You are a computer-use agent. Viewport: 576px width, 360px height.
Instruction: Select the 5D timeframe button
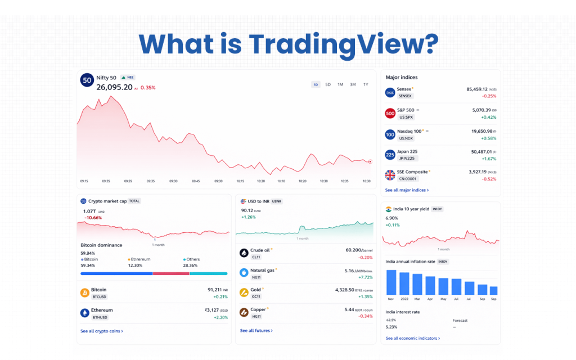(328, 84)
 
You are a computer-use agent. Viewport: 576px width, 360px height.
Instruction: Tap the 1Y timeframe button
(366, 84)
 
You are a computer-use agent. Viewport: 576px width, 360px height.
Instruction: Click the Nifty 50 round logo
(87, 80)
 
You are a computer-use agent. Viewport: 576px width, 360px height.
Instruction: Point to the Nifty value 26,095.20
(114, 87)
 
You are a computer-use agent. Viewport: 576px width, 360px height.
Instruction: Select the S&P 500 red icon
(390, 114)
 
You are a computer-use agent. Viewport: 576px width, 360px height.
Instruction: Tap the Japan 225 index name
(407, 151)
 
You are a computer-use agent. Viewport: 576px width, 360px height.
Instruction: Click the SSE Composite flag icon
(390, 175)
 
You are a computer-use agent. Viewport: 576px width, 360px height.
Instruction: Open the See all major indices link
(407, 190)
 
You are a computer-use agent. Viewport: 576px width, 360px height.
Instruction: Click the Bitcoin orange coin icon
(85, 292)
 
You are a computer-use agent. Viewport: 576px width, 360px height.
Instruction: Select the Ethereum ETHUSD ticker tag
(99, 317)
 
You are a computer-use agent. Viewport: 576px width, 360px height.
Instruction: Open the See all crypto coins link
(101, 331)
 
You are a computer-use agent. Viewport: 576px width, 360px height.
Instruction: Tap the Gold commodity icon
(244, 292)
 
